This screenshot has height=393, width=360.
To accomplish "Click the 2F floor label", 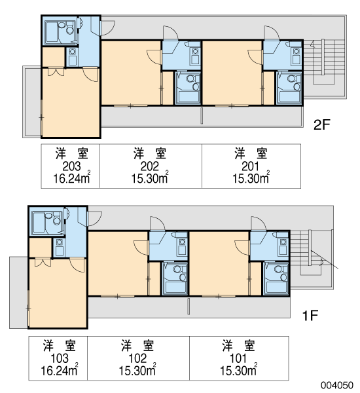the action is (x=322, y=124).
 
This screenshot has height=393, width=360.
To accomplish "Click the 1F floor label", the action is (x=310, y=316).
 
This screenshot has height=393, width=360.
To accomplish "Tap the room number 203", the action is (x=71, y=166).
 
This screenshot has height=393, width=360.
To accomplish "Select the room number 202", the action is (x=149, y=166).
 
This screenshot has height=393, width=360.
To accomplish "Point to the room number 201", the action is (x=250, y=166).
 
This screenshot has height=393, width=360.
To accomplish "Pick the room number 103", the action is (x=60, y=358).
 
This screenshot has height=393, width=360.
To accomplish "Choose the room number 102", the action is (x=137, y=358).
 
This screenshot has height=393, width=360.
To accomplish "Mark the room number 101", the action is (x=238, y=358).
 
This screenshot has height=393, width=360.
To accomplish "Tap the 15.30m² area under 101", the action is (x=238, y=370).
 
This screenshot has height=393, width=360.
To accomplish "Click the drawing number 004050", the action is (x=338, y=385).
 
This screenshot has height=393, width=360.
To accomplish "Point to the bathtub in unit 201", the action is (x=289, y=96).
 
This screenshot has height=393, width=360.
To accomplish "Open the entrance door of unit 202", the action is (x=170, y=33).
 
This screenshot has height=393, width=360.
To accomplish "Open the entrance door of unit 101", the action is (x=259, y=223).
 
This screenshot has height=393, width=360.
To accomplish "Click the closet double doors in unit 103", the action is (x=43, y=262).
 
